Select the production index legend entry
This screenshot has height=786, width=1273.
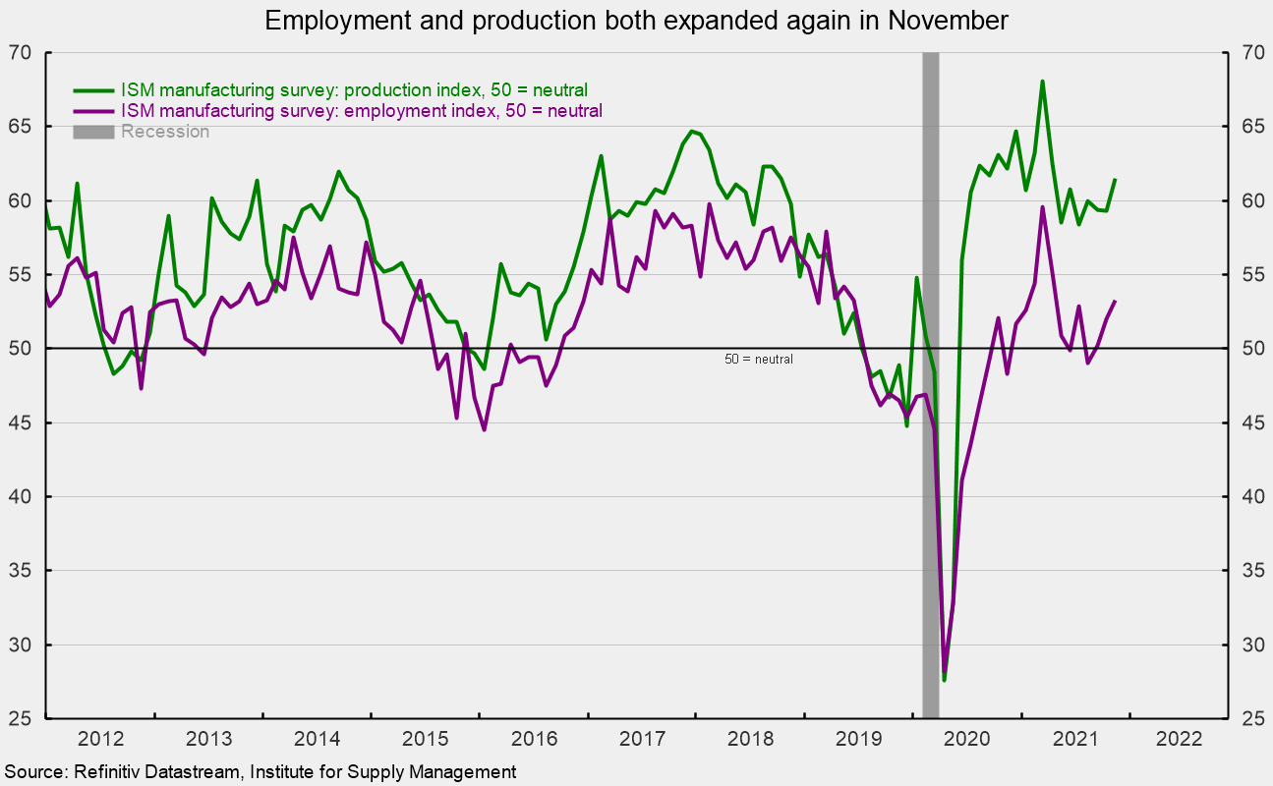tap(354, 90)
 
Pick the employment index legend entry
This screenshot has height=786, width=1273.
tap(361, 111)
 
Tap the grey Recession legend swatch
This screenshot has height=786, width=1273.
tap(94, 131)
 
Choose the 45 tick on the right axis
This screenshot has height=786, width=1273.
tap(1246, 423)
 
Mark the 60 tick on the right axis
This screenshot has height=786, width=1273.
tap(1246, 201)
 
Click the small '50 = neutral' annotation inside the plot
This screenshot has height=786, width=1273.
tap(758, 360)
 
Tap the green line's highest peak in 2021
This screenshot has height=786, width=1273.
tap(1042, 82)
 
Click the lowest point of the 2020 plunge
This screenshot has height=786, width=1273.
tap(944, 679)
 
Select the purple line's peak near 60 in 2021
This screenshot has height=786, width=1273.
tap(1042, 207)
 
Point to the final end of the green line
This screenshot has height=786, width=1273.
tap(1115, 180)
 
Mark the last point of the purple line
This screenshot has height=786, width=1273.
tap(1115, 301)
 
